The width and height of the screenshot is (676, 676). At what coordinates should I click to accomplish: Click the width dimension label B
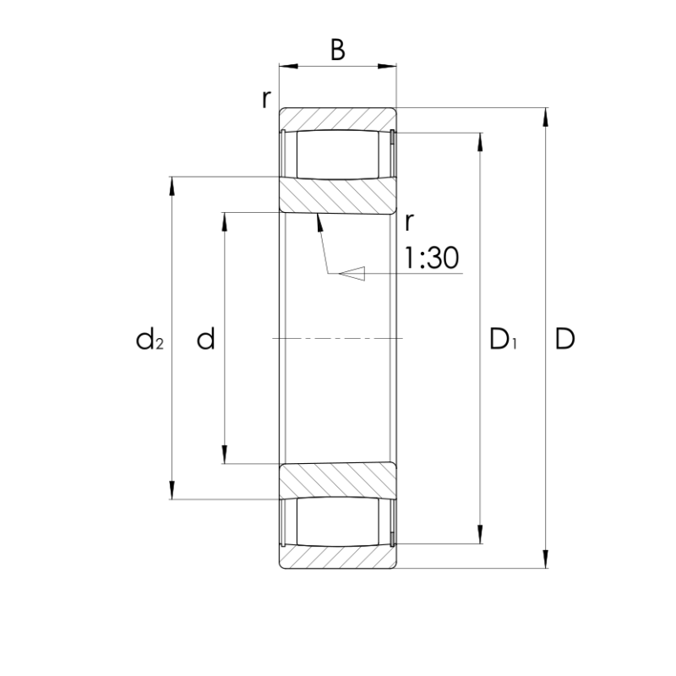337,50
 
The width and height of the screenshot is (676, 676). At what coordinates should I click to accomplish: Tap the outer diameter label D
564,339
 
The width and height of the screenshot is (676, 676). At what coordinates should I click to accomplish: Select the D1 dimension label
503,339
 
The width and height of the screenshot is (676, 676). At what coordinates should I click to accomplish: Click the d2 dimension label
150,339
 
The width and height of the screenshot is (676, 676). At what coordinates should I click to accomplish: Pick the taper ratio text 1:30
432,259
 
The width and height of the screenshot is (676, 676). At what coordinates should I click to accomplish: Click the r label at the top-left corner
267,100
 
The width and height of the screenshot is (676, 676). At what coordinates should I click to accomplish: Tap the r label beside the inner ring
409,222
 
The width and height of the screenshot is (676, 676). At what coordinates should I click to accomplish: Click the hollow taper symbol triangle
352,273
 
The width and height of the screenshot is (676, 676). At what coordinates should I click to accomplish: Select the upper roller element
337,154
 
